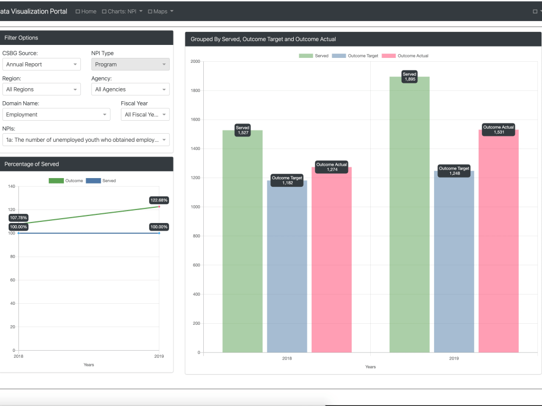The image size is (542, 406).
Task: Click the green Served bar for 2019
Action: point(409,214)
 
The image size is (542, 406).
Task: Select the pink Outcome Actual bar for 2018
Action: point(332,260)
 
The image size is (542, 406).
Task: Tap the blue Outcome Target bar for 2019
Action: point(454,261)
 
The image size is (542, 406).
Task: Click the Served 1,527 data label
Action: point(243,130)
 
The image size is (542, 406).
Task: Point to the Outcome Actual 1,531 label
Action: point(499,129)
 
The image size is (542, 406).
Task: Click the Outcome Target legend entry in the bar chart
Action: point(355,56)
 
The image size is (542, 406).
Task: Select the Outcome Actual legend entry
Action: point(405,56)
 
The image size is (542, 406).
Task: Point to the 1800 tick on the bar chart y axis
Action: point(195,90)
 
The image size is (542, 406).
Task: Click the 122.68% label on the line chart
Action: point(159,200)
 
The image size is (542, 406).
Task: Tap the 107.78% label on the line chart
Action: point(18,218)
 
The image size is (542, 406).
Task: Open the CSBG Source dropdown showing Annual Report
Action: point(42,64)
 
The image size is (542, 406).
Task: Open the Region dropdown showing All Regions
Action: point(42,89)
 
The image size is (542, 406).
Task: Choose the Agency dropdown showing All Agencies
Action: point(130,89)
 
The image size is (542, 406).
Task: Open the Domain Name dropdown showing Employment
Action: point(56,115)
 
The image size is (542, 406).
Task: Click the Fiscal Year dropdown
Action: point(145,115)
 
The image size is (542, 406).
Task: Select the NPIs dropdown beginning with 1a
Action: point(86,140)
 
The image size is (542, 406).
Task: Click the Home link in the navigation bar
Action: point(86,11)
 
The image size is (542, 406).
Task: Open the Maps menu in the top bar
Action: point(161,11)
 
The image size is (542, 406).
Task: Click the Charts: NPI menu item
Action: point(122,11)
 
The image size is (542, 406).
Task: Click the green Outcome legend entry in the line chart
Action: point(66,181)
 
